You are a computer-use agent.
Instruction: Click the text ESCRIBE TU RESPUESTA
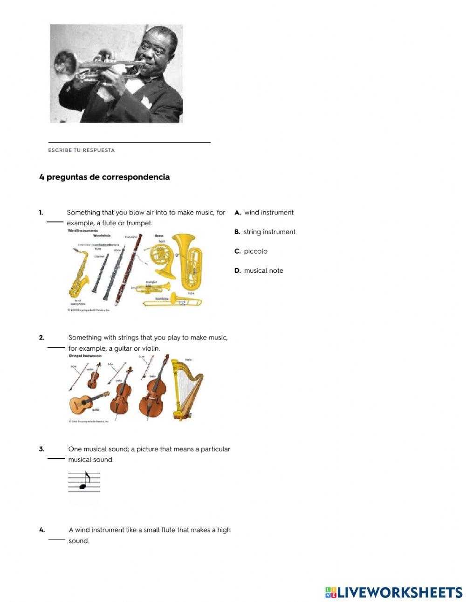[82, 150]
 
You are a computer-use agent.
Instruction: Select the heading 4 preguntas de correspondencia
[104, 177]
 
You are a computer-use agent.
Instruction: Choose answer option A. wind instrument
[264, 213]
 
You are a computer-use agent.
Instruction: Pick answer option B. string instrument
[265, 232]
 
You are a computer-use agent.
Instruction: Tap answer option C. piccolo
[251, 251]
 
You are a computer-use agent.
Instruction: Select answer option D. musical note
[259, 270]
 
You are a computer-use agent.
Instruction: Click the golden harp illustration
[186, 389]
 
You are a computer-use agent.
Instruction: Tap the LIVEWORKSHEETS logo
[394, 592]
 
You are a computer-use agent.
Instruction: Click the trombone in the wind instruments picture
[172, 301]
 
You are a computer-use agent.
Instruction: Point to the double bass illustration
[154, 392]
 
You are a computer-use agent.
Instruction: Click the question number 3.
[42, 449]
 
